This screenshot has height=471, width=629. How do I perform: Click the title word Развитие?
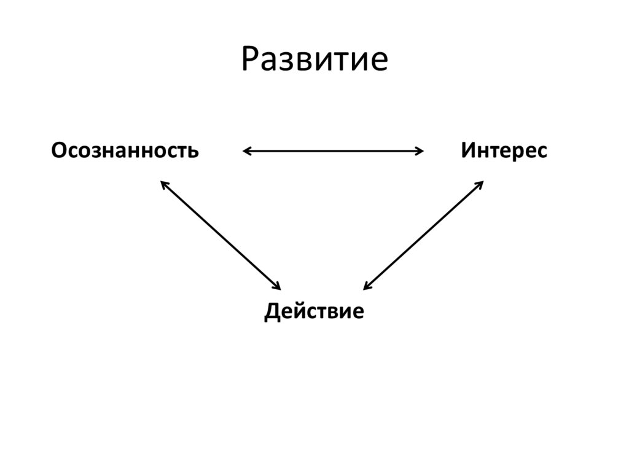coord(314,60)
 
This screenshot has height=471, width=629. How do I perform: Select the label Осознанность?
coord(125,151)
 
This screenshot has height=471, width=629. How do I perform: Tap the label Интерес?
coord(504,151)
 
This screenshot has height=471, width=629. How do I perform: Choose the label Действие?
coord(314,311)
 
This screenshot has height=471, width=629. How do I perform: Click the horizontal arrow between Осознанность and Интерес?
coord(333,151)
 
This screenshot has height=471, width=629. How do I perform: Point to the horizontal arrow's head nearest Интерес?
coord(420,151)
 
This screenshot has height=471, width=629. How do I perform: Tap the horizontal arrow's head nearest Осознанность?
coord(247,151)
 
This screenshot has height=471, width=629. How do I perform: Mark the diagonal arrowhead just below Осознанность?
coord(163,184)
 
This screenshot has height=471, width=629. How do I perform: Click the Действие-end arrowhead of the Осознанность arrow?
coord(277,287)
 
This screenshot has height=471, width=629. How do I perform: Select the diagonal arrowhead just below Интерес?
coord(480,184)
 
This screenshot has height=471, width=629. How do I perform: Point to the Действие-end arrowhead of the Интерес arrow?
coord(367,287)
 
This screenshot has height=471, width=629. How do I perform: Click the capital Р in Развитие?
coord(249,60)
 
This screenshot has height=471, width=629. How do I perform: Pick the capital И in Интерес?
coord(468,151)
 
